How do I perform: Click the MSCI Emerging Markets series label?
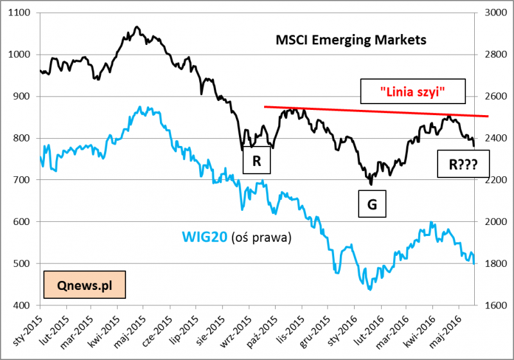[x=351, y=40]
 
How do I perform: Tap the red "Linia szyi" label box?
[x=412, y=91]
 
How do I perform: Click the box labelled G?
[x=372, y=204]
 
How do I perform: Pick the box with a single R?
[x=256, y=161]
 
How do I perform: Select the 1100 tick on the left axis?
[x=21, y=13]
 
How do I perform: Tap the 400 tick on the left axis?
[x=24, y=305]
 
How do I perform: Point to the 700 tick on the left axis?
[x=24, y=180]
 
